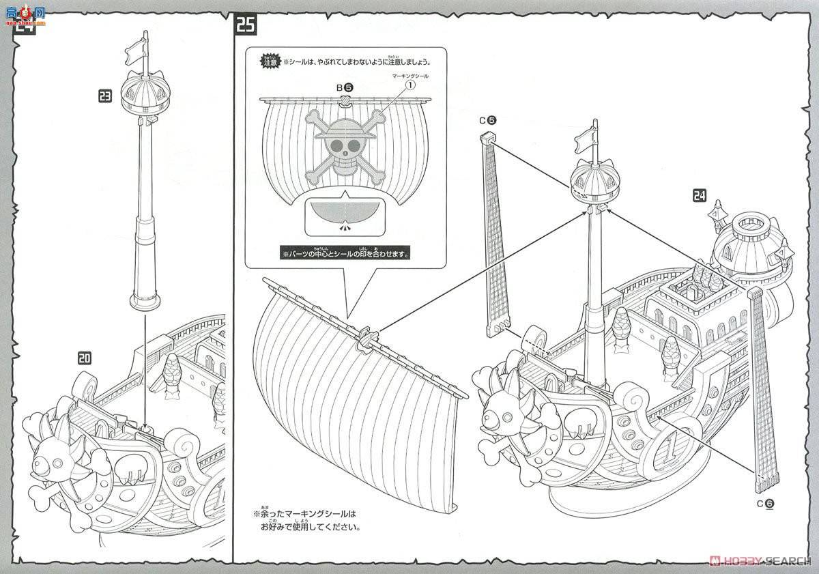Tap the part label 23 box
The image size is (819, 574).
(x=105, y=97)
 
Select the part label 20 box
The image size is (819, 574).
(x=85, y=357)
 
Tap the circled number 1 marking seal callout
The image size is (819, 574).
(x=410, y=86)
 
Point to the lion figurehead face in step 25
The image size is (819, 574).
(x=505, y=410)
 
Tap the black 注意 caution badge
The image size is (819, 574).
(x=270, y=61)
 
